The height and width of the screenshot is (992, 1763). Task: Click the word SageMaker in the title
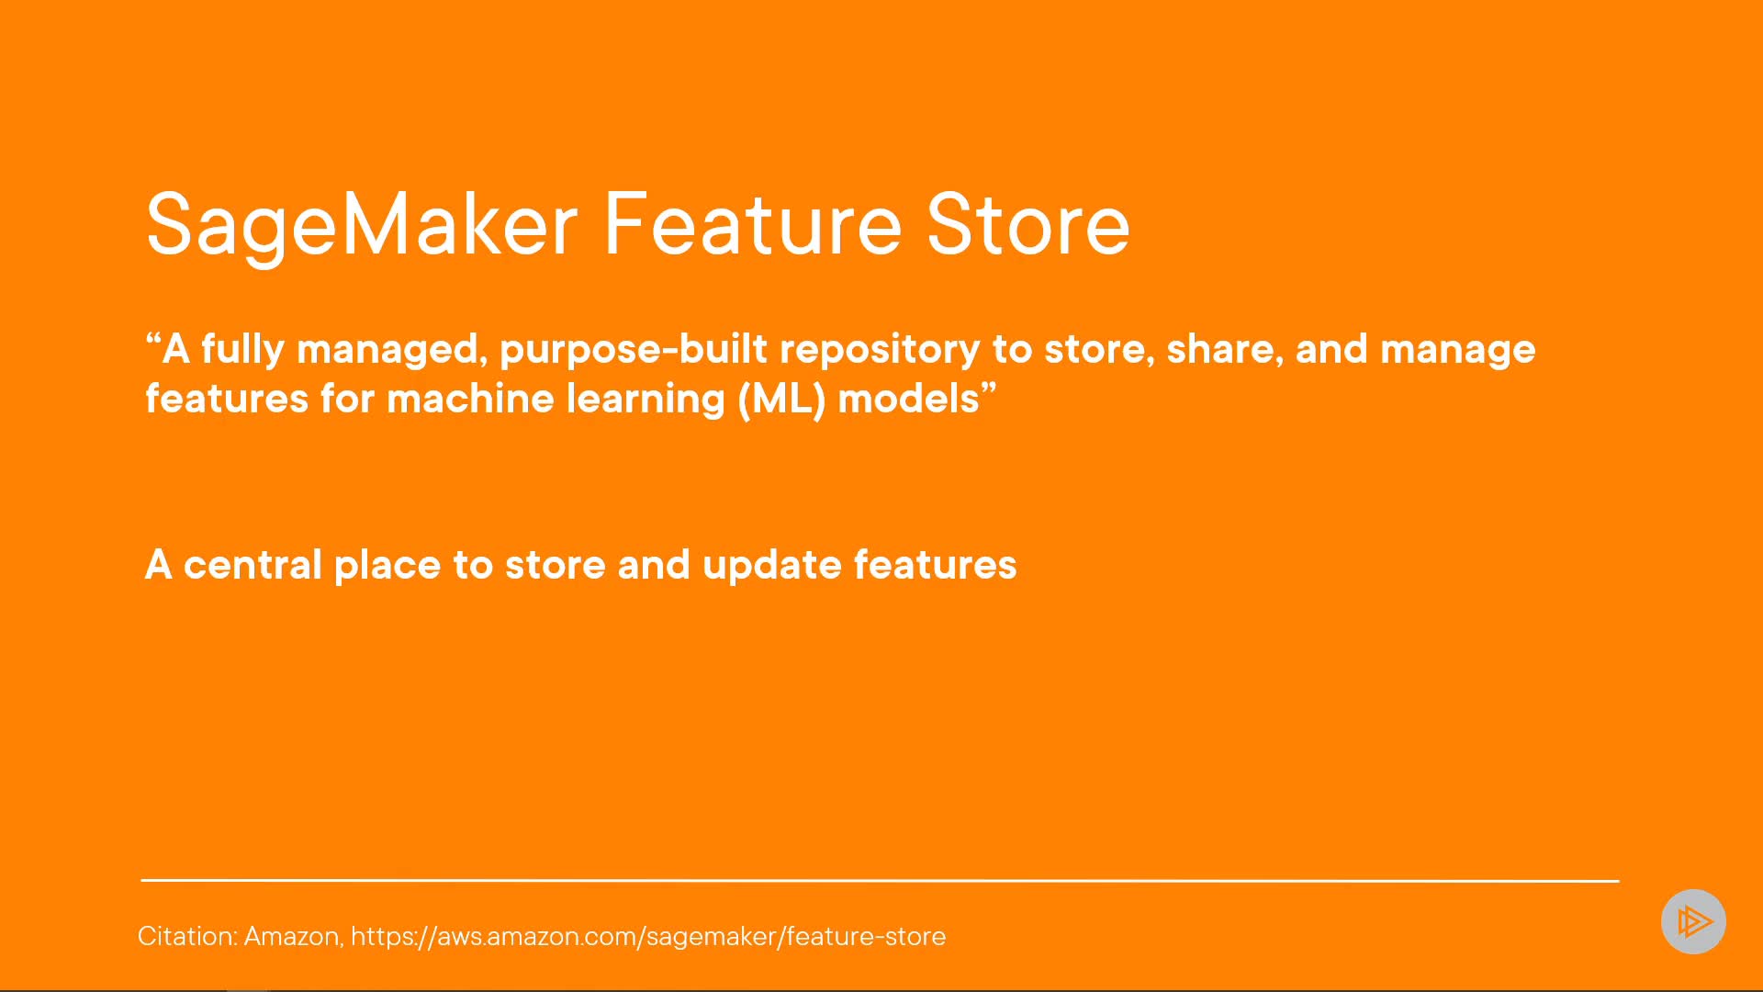point(362,225)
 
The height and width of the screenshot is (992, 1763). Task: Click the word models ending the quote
point(908,400)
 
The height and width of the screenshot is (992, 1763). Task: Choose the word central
point(253,565)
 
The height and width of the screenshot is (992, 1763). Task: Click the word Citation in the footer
point(188,936)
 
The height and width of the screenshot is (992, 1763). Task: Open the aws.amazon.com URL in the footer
point(648,936)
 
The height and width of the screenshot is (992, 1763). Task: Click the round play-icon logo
point(1693,921)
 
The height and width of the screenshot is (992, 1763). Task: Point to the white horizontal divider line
point(880,880)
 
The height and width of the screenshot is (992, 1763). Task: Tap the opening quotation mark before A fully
point(153,340)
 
